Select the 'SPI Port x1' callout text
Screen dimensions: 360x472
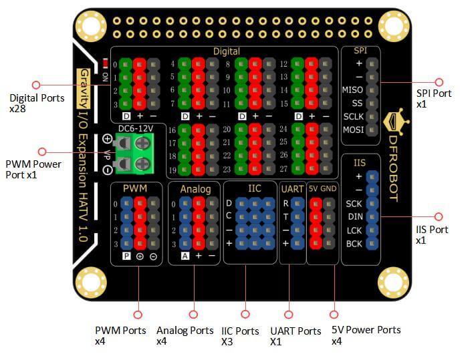pyautogui.click(x=433, y=99)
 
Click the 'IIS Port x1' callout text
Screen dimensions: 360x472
pyautogui.click(x=432, y=234)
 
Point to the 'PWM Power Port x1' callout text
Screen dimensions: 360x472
pyautogui.click(x=33, y=169)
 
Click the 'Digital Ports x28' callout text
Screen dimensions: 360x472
pyautogui.click(x=37, y=102)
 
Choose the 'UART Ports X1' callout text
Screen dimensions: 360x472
pyautogui.click(x=295, y=336)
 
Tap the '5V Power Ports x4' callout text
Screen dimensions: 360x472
pyautogui.click(x=366, y=335)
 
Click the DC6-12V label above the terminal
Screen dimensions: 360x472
pyautogui.click(x=136, y=128)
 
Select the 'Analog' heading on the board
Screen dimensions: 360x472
pyautogui.click(x=195, y=189)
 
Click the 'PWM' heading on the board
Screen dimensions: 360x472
pyautogui.click(x=134, y=188)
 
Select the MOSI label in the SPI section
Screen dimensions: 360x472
pyautogui.click(x=352, y=130)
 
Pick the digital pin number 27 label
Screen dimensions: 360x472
pyautogui.click(x=283, y=169)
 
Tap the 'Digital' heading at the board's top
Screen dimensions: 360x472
pyautogui.click(x=226, y=51)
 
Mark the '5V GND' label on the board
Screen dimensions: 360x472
pyautogui.click(x=322, y=189)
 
